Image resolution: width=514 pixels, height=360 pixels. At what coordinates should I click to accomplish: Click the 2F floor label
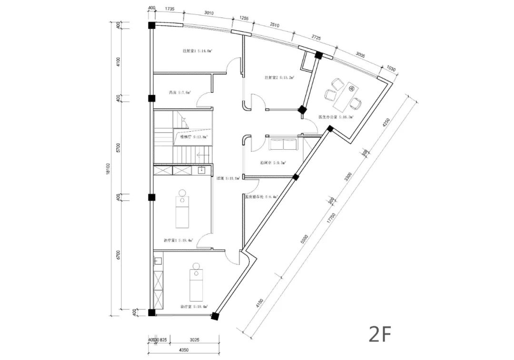(x=379, y=335)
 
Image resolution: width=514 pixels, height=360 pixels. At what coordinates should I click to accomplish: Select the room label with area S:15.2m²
(x=279, y=77)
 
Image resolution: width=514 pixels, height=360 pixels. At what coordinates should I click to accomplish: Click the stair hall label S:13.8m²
(x=194, y=136)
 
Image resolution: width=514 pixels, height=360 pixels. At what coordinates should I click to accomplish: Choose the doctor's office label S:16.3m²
(x=336, y=117)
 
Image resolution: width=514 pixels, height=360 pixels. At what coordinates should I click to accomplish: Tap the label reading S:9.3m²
(x=273, y=163)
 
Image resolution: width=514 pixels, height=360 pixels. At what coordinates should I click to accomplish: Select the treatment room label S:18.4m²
(x=178, y=241)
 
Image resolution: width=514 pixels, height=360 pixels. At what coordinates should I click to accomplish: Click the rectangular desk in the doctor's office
(x=346, y=95)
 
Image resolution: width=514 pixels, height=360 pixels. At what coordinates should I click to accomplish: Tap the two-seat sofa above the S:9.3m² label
(x=283, y=144)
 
